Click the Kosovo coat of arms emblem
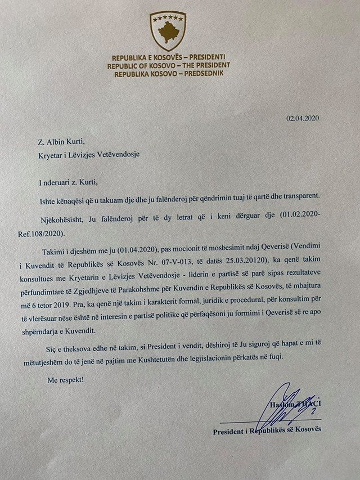click(168, 31)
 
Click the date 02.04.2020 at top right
click(303, 119)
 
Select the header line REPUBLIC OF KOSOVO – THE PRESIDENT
click(168, 65)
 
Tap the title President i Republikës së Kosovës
click(267, 432)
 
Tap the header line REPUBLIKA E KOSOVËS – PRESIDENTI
click(168, 58)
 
